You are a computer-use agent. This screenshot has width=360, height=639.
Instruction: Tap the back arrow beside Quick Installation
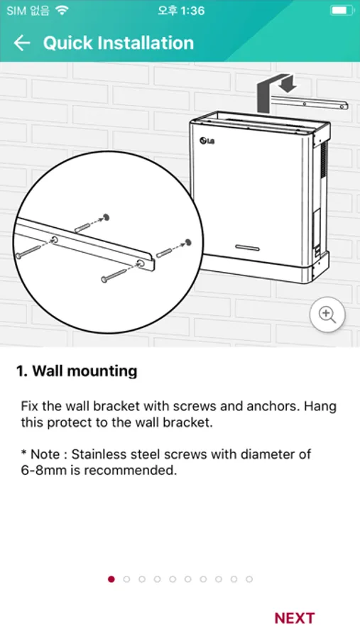click(x=22, y=43)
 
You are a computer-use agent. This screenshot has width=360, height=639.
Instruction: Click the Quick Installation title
click(x=119, y=43)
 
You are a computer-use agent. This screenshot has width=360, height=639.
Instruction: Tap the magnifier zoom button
click(x=327, y=315)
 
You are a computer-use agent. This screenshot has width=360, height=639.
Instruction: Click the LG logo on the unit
click(x=207, y=141)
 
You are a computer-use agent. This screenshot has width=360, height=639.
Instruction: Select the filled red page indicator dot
click(x=111, y=579)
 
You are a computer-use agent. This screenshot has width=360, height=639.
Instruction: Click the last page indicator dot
click(x=249, y=579)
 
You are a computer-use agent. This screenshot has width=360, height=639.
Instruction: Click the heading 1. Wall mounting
click(x=77, y=371)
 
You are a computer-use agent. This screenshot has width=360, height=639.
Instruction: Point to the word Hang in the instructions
click(x=320, y=407)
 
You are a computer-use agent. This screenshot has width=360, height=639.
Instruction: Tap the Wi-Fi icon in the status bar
click(x=62, y=10)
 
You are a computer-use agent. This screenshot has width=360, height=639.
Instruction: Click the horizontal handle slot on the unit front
click(x=248, y=248)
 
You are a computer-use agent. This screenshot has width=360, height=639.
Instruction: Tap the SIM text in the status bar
click(x=16, y=10)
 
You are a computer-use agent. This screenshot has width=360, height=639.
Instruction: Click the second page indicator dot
click(x=127, y=579)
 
